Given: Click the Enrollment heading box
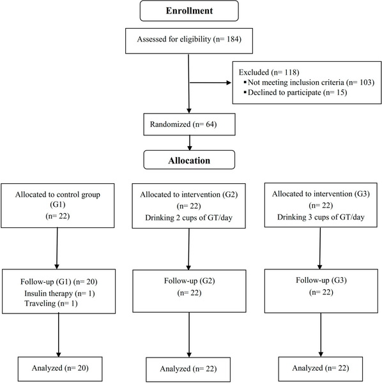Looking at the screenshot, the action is (189, 11).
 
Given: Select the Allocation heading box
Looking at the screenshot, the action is (189, 160).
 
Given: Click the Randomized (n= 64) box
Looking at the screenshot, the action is (190, 124).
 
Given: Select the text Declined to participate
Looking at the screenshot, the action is (284, 93).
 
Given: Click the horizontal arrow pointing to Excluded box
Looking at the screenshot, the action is (210, 83).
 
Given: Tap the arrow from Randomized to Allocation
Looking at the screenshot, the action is (190, 143).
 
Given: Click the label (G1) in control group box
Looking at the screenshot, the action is (57, 204).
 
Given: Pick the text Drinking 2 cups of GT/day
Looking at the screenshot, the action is (188, 218).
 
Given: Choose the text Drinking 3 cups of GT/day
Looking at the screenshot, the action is (321, 217).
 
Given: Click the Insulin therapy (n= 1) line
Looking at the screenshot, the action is (59, 293).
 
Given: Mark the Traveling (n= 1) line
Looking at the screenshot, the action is (51, 303).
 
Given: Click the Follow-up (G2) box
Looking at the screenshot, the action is (189, 291).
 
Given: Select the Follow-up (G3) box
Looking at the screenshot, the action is (321, 291).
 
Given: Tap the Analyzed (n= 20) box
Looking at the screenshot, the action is (60, 369).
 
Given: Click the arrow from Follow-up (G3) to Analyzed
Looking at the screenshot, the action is (321, 335).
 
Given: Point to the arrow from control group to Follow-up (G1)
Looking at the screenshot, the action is (57, 248).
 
